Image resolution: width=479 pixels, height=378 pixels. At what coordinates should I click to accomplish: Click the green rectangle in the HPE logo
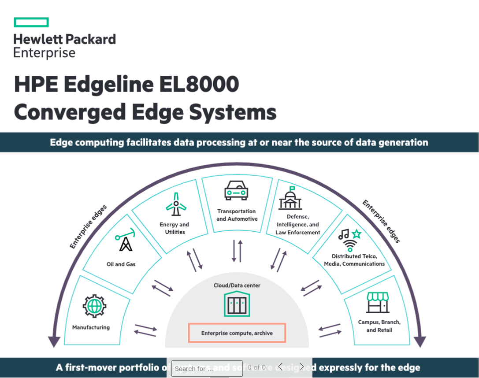point(31,22)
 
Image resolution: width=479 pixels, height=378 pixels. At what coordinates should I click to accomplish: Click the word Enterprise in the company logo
point(45,53)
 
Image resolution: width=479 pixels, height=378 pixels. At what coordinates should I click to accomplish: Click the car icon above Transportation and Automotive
point(236,191)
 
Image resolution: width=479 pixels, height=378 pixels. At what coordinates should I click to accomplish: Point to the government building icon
point(290,199)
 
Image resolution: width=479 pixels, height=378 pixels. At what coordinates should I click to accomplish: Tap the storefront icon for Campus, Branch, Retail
point(378,302)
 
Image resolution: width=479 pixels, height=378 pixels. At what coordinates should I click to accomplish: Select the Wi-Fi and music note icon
point(349,240)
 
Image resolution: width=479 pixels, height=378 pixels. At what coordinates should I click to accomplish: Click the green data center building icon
point(237,304)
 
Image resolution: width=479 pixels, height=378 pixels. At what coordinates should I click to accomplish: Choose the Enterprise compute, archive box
point(237,333)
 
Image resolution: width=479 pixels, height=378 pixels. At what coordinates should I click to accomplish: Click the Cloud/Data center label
point(237,285)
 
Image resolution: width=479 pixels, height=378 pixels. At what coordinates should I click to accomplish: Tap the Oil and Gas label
point(121,264)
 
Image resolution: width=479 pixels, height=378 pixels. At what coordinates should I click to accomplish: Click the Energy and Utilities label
point(175,228)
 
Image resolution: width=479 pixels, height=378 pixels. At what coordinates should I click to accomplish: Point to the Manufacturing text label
point(91,327)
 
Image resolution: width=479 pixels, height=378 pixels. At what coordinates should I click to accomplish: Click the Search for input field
point(207,368)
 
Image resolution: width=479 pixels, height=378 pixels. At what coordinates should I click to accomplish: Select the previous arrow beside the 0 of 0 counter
point(280,367)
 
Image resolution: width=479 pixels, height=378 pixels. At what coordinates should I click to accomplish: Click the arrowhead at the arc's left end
point(54,341)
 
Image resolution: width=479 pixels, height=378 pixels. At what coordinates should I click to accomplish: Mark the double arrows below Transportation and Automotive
point(237,250)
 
